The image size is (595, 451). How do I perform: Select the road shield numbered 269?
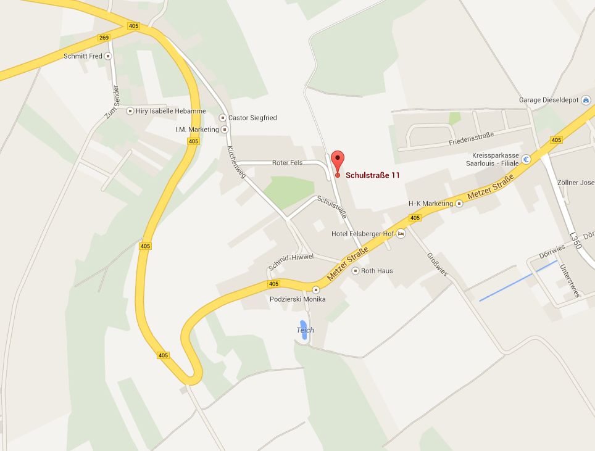104,38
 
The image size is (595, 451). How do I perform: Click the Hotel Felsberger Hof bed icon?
401,234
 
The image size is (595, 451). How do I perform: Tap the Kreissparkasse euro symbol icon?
526,159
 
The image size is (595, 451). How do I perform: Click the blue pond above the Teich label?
303,325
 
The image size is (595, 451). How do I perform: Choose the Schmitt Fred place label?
83,56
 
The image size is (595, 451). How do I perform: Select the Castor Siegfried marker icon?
223,117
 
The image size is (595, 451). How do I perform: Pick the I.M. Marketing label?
197,130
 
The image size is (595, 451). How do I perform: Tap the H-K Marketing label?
431,204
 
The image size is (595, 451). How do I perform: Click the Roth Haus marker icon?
355,271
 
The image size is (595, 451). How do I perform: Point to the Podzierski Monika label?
297,299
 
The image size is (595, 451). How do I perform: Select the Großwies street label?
436,263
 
